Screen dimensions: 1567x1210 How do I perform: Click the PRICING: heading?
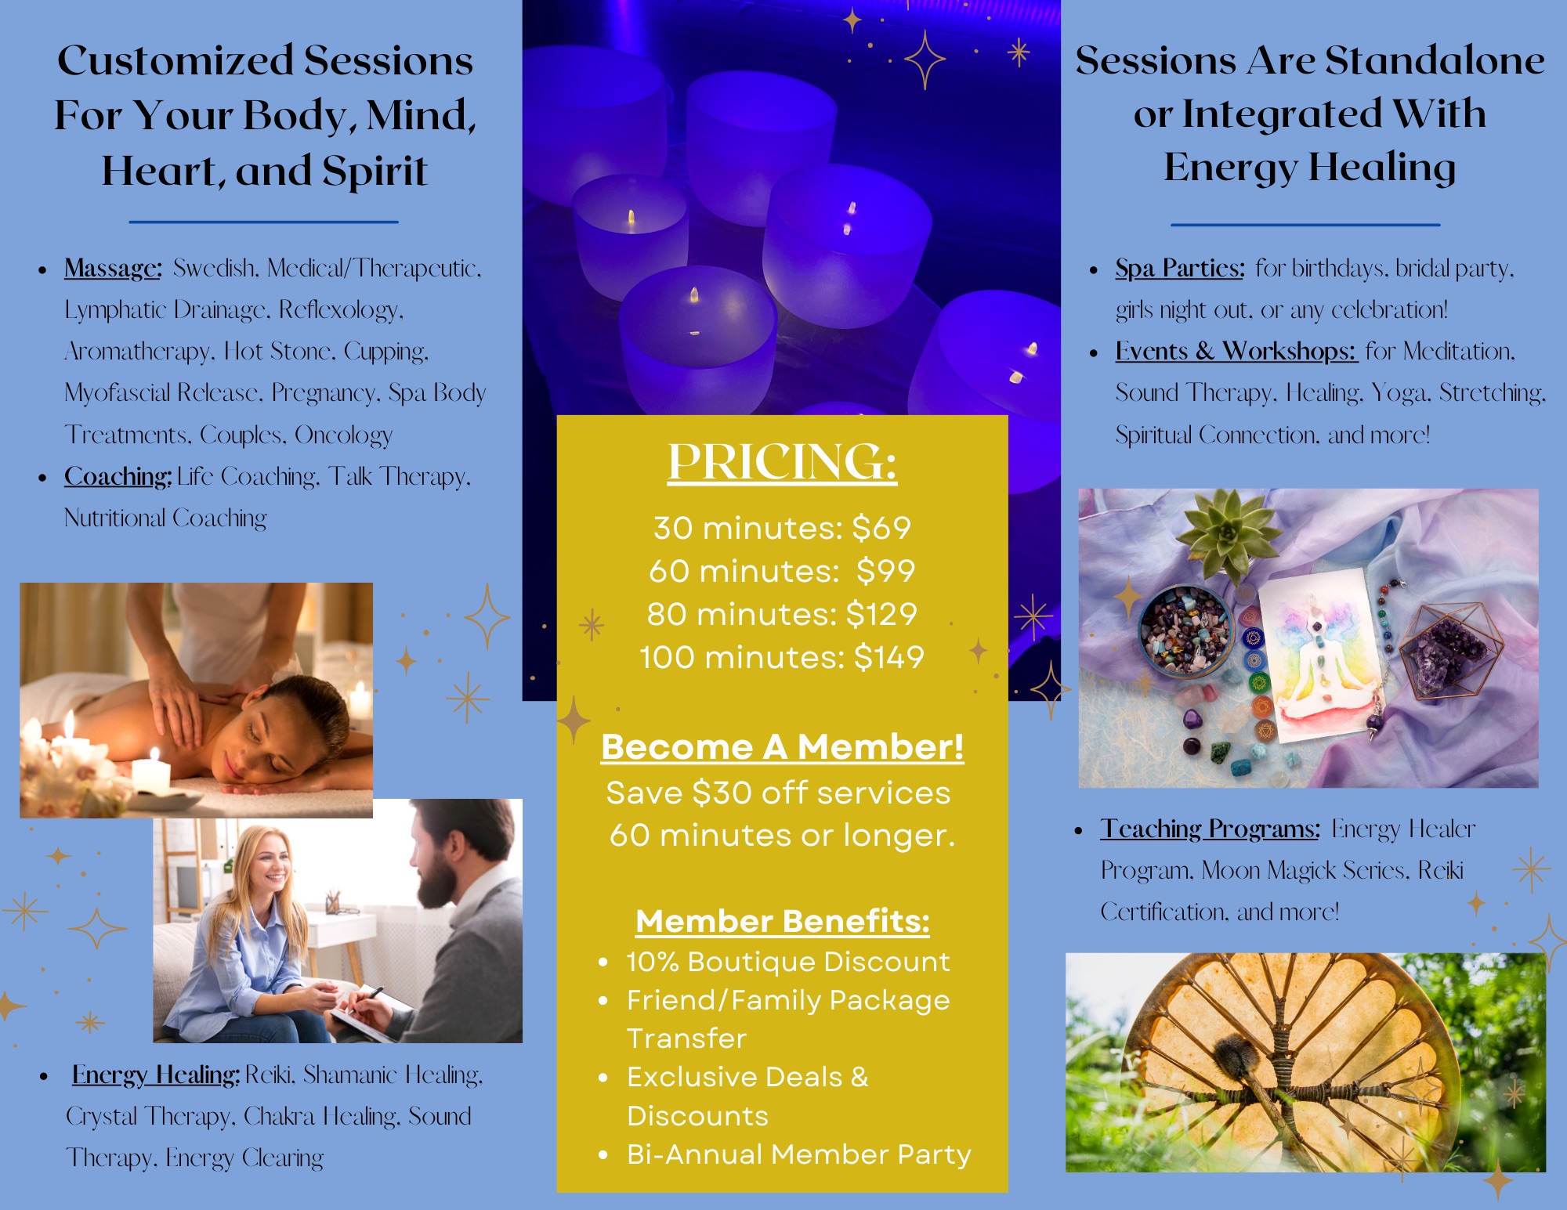point(782,462)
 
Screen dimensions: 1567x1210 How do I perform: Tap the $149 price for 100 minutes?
point(889,658)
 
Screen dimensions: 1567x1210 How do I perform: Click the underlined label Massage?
point(113,269)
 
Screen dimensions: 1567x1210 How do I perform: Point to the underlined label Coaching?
point(118,477)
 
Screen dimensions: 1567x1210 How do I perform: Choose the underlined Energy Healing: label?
point(156,1075)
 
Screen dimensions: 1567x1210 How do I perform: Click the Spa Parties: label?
point(1180,269)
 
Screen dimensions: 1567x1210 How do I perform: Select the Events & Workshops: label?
point(1236,352)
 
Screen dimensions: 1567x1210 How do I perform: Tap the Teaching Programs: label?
point(1211,829)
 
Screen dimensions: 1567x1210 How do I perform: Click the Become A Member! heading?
point(782,747)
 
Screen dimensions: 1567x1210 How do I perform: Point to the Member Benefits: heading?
point(782,922)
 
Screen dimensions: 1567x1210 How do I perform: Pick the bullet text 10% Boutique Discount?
point(788,962)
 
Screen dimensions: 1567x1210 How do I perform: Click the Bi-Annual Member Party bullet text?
point(799,1154)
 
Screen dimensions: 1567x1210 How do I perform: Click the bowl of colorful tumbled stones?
point(1185,629)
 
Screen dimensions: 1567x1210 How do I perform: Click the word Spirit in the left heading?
point(375,172)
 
